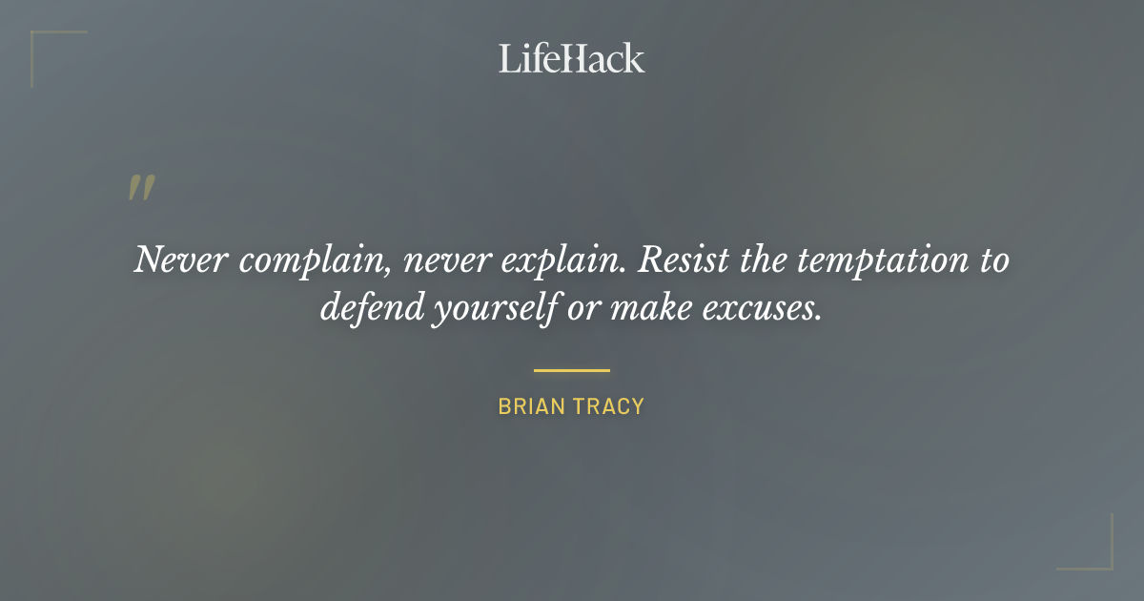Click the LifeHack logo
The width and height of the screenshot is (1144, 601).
572,58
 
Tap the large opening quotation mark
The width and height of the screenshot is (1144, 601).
140,188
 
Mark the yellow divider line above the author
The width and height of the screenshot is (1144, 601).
572,370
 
